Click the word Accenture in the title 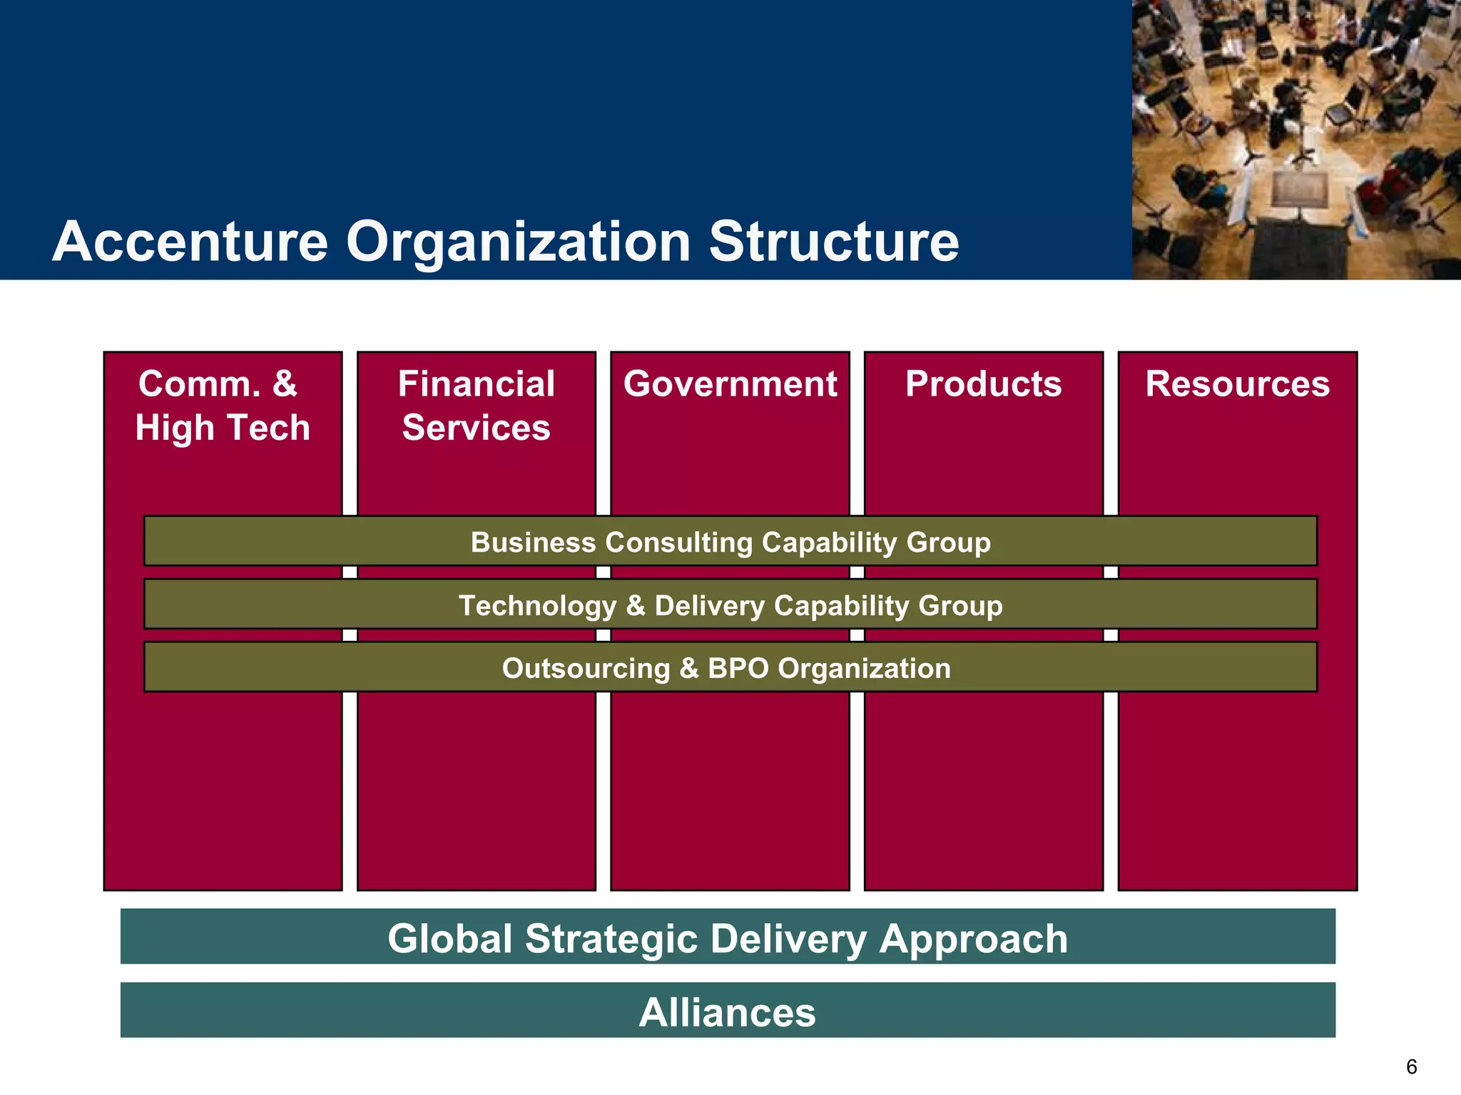pyautogui.click(x=190, y=242)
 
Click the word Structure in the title pyautogui.click(x=833, y=242)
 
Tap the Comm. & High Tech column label pyautogui.click(x=223, y=405)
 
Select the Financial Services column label pyautogui.click(x=476, y=405)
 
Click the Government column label pyautogui.click(x=730, y=384)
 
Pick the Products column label pyautogui.click(x=983, y=384)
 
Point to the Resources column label pyautogui.click(x=1237, y=384)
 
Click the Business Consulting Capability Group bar pyautogui.click(x=730, y=542)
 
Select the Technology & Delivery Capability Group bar pyautogui.click(x=730, y=605)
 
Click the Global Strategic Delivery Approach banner pyautogui.click(x=728, y=937)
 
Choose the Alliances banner pyautogui.click(x=728, y=1012)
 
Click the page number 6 pyautogui.click(x=1411, y=1066)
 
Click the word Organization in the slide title pyautogui.click(x=519, y=242)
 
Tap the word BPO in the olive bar pyautogui.click(x=738, y=668)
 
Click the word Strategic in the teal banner pyautogui.click(x=611, y=938)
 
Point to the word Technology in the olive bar pyautogui.click(x=537, y=606)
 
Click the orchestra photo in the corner pyautogui.click(x=1296, y=139)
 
